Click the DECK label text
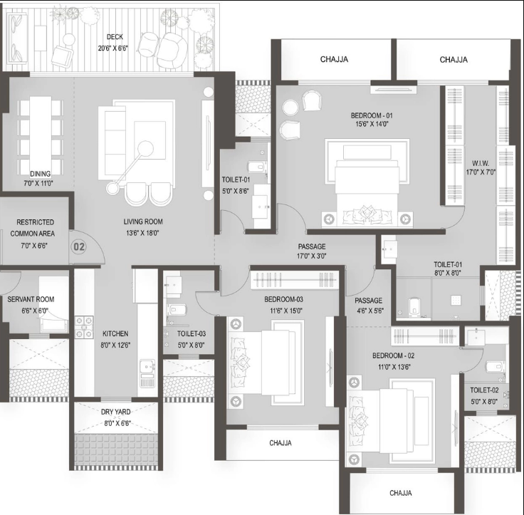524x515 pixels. (x=115, y=37)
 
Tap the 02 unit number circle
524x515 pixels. (x=79, y=246)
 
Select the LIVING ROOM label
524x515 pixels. (x=143, y=222)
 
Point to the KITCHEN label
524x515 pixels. (x=115, y=334)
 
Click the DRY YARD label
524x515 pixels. (x=115, y=412)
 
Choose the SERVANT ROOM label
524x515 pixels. (x=31, y=299)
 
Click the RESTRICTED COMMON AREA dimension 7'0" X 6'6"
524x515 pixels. (x=34, y=246)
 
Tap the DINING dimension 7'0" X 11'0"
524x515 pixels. (x=38, y=183)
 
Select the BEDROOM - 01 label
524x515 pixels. (x=372, y=115)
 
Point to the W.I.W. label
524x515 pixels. (x=481, y=164)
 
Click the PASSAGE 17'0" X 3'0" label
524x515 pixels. (x=312, y=251)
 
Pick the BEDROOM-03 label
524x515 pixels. (x=284, y=299)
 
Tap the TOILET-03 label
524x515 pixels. (x=192, y=334)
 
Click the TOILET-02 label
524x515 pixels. (x=484, y=390)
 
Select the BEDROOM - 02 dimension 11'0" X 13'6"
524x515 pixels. (x=394, y=367)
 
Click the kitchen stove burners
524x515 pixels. (x=83, y=328)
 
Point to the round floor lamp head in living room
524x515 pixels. (x=145, y=148)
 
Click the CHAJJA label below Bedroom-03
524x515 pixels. (x=281, y=443)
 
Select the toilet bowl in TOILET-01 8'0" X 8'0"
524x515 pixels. (x=414, y=306)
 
